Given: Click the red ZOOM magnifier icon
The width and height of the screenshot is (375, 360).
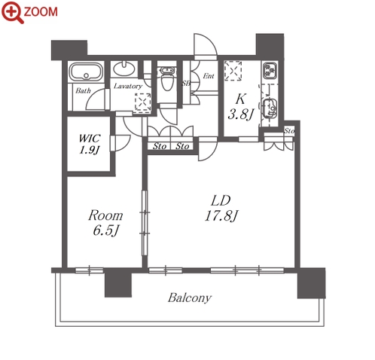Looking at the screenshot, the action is (13, 13).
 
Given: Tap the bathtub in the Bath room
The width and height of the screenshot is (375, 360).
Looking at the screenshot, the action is (86, 72).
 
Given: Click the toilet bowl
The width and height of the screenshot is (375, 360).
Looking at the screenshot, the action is (166, 79).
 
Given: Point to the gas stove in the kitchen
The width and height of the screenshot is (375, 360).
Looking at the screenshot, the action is (270, 70).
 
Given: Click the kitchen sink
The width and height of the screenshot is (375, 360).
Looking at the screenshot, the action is (270, 108).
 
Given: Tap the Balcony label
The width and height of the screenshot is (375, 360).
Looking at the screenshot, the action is (190, 298).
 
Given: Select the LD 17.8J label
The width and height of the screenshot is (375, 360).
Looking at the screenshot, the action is (221, 208).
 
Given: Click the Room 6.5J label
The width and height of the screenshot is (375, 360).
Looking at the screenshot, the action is (105, 223).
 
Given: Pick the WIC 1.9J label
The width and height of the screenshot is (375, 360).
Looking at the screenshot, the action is (90, 144).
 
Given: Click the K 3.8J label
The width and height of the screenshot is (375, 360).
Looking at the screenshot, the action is (240, 107).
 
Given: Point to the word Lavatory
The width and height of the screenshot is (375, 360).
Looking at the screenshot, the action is (128, 86).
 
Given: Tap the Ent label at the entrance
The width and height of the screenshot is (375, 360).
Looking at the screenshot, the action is (209, 75).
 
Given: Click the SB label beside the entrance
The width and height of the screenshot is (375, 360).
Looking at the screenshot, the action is (186, 83).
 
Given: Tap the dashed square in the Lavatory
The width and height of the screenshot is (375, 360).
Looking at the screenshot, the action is (143, 102).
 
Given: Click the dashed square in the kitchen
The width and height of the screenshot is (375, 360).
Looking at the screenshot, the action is (233, 71).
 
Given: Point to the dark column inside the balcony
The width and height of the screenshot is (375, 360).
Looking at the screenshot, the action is (118, 283).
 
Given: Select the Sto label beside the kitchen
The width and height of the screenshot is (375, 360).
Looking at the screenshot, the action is (289, 131).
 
